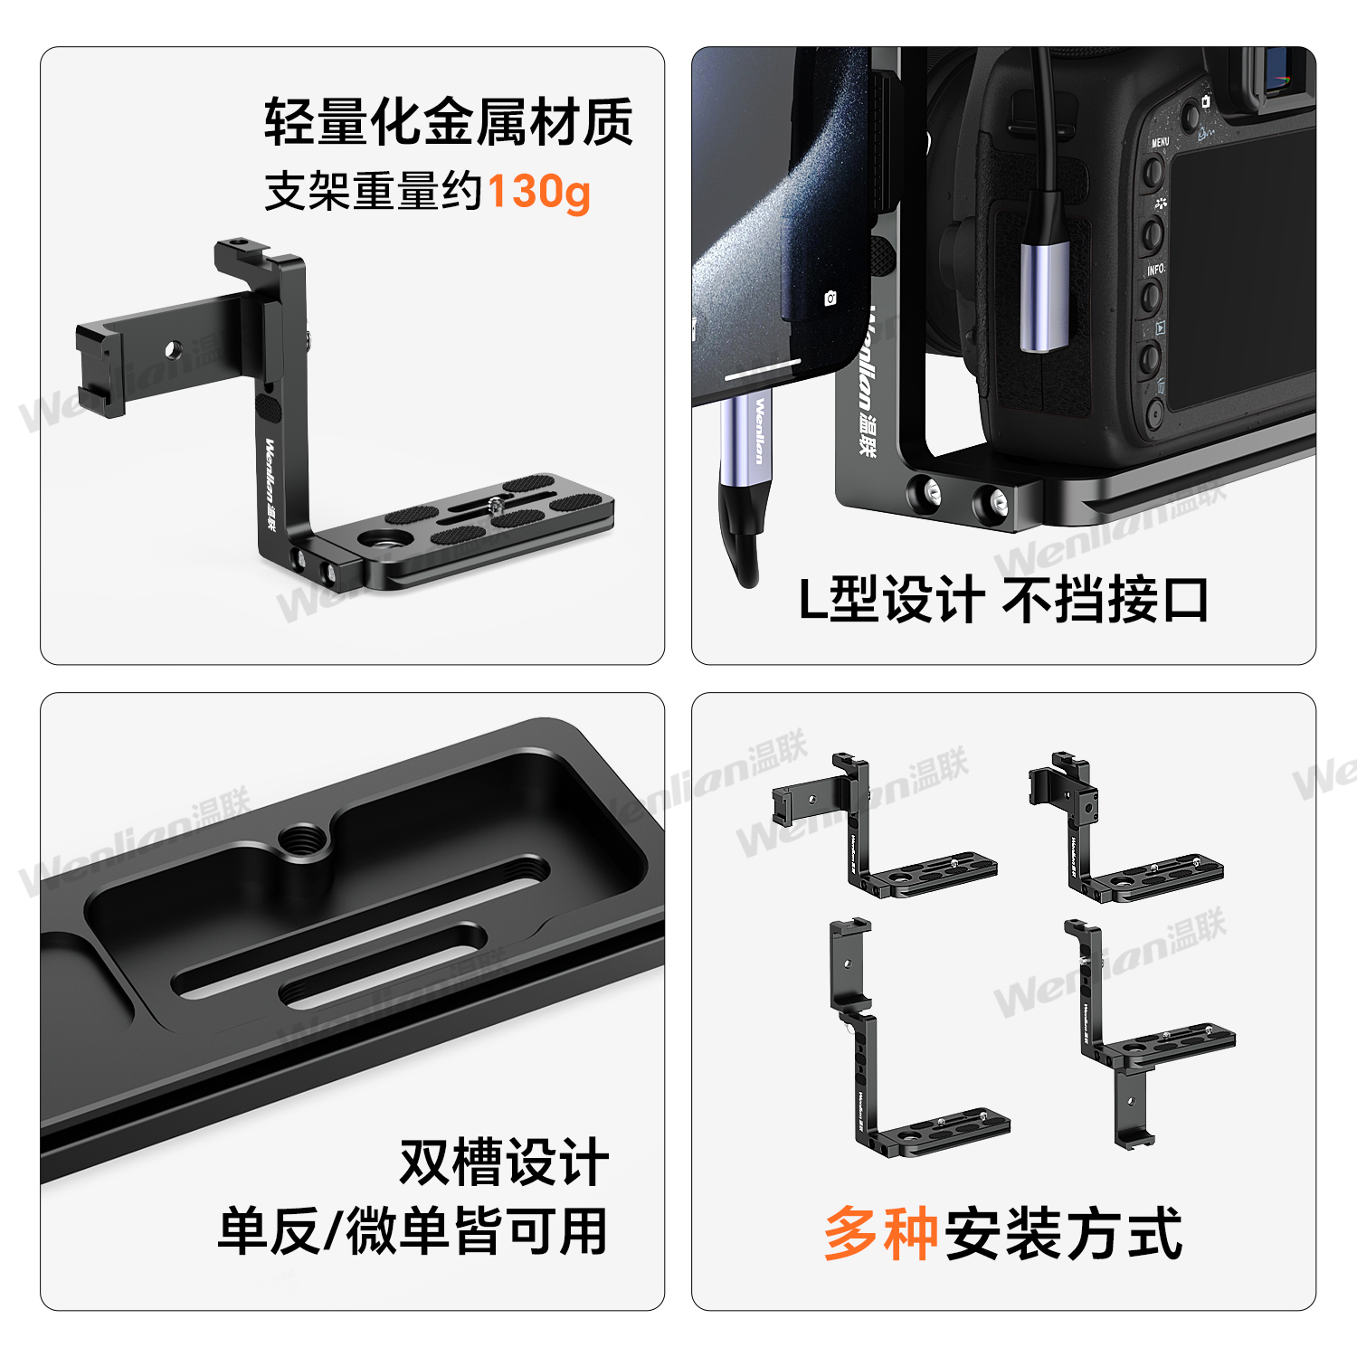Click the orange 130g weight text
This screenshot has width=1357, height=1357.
(539, 192)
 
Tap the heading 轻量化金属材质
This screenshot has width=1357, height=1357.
(449, 122)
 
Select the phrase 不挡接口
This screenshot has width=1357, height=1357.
(1106, 599)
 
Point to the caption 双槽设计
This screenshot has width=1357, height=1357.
(504, 1162)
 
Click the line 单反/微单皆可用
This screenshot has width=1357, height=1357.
(413, 1231)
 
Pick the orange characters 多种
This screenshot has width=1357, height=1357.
(880, 1233)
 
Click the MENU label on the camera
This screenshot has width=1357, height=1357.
(1160, 142)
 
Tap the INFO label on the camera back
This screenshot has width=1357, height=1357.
(1155, 270)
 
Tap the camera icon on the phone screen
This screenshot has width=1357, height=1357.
(830, 298)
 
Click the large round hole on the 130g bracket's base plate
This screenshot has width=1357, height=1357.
(374, 540)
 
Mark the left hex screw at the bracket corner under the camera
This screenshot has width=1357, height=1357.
(932, 494)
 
